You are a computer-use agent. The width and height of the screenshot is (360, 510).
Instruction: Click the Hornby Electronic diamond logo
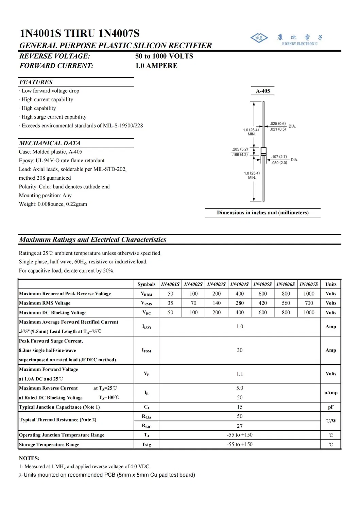click(259, 38)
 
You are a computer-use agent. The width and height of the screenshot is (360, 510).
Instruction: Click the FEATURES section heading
click(36, 82)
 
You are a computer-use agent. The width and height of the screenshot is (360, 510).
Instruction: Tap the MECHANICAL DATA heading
click(50, 143)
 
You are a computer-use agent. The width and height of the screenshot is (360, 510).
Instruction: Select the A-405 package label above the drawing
click(263, 91)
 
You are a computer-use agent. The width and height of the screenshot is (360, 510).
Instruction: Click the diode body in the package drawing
click(263, 151)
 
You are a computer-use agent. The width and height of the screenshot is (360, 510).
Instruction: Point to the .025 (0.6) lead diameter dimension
click(278, 124)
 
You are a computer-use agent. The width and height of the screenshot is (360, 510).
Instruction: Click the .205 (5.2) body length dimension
click(240, 149)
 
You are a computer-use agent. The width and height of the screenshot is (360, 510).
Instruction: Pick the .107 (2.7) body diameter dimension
click(279, 157)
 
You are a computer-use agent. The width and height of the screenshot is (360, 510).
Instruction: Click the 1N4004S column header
click(239, 284)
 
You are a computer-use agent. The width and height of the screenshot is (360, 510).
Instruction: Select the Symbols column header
click(146, 284)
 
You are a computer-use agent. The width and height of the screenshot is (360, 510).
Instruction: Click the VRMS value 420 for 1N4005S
click(262, 303)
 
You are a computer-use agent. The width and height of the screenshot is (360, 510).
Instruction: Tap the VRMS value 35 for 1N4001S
click(170, 303)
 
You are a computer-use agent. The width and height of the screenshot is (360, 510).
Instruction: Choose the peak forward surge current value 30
click(240, 350)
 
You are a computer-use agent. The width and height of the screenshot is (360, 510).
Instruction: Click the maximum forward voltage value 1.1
click(240, 374)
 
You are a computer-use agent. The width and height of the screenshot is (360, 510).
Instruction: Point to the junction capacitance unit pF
click(330, 407)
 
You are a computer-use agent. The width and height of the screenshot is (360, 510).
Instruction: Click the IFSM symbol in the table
click(146, 350)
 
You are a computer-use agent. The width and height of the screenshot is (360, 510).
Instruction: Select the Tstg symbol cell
click(146, 444)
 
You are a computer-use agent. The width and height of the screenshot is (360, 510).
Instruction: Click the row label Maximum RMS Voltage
click(45, 303)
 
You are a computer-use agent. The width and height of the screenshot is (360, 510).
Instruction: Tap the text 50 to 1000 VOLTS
click(164, 56)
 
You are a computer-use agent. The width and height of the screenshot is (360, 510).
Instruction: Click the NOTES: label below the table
click(29, 458)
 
